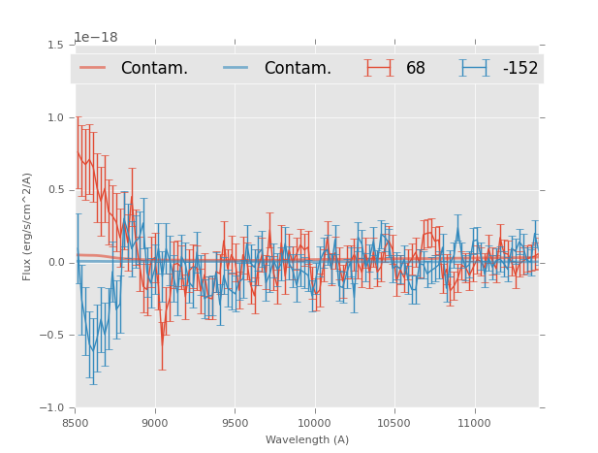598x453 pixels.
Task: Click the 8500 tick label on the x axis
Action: coord(76,423)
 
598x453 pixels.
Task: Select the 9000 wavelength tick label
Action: coord(155,423)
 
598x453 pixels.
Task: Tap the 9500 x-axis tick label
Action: coord(235,423)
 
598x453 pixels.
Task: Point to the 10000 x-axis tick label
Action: coord(314,423)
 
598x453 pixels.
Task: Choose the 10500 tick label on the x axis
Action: coord(393,423)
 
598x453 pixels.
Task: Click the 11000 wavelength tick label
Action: coord(473,423)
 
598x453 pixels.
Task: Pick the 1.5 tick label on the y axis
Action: coord(54,46)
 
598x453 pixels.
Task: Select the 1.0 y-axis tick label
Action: coord(54,117)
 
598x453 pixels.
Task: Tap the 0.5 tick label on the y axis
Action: coord(54,190)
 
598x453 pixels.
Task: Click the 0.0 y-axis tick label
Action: coord(54,263)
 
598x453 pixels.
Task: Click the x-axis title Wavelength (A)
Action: coord(307,439)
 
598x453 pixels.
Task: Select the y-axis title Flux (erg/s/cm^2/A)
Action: coord(28,227)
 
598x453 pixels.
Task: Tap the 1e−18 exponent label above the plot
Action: coord(96,38)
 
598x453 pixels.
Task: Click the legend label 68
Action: coord(416,69)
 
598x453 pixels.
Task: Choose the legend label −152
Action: coord(519,69)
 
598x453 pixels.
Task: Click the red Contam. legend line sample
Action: coord(94,68)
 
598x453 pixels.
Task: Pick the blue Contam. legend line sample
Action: coord(236,68)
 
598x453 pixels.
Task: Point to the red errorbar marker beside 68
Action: coord(379,68)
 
